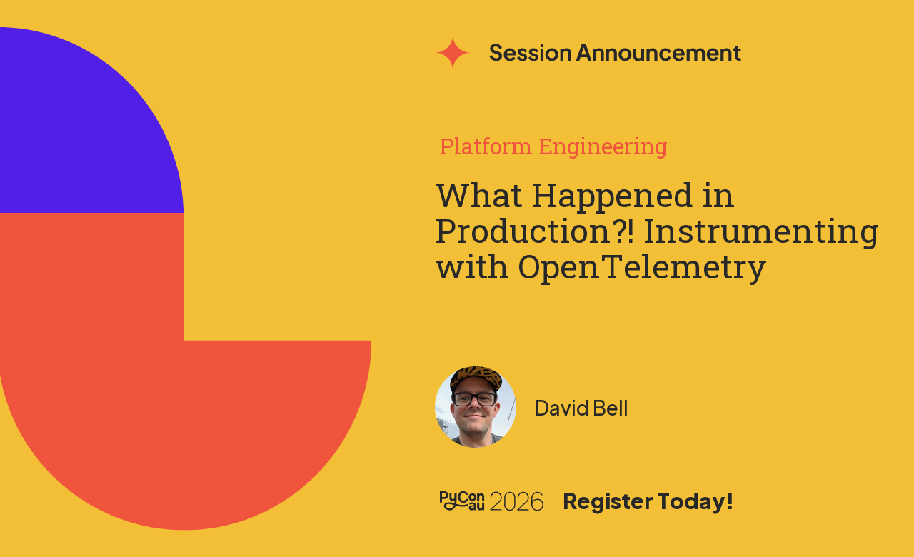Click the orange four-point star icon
[453, 52]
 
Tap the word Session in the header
[530, 53]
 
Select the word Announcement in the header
[658, 53]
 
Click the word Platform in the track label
[486, 146]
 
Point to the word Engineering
[603, 147]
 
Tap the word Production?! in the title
[535, 231]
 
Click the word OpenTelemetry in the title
[642, 268]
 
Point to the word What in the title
[479, 195]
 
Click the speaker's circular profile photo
[476, 407]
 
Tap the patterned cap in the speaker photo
[476, 378]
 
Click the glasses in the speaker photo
[475, 399]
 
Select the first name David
[562, 408]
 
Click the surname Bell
[610, 408]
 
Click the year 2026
[516, 501]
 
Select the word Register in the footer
[608, 501]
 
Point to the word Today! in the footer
[695, 501]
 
